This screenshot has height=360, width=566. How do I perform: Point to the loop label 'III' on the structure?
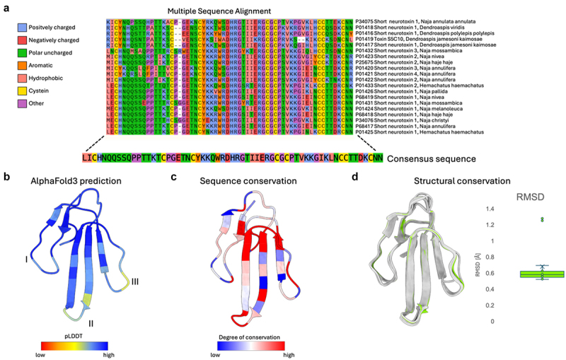[134, 282]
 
